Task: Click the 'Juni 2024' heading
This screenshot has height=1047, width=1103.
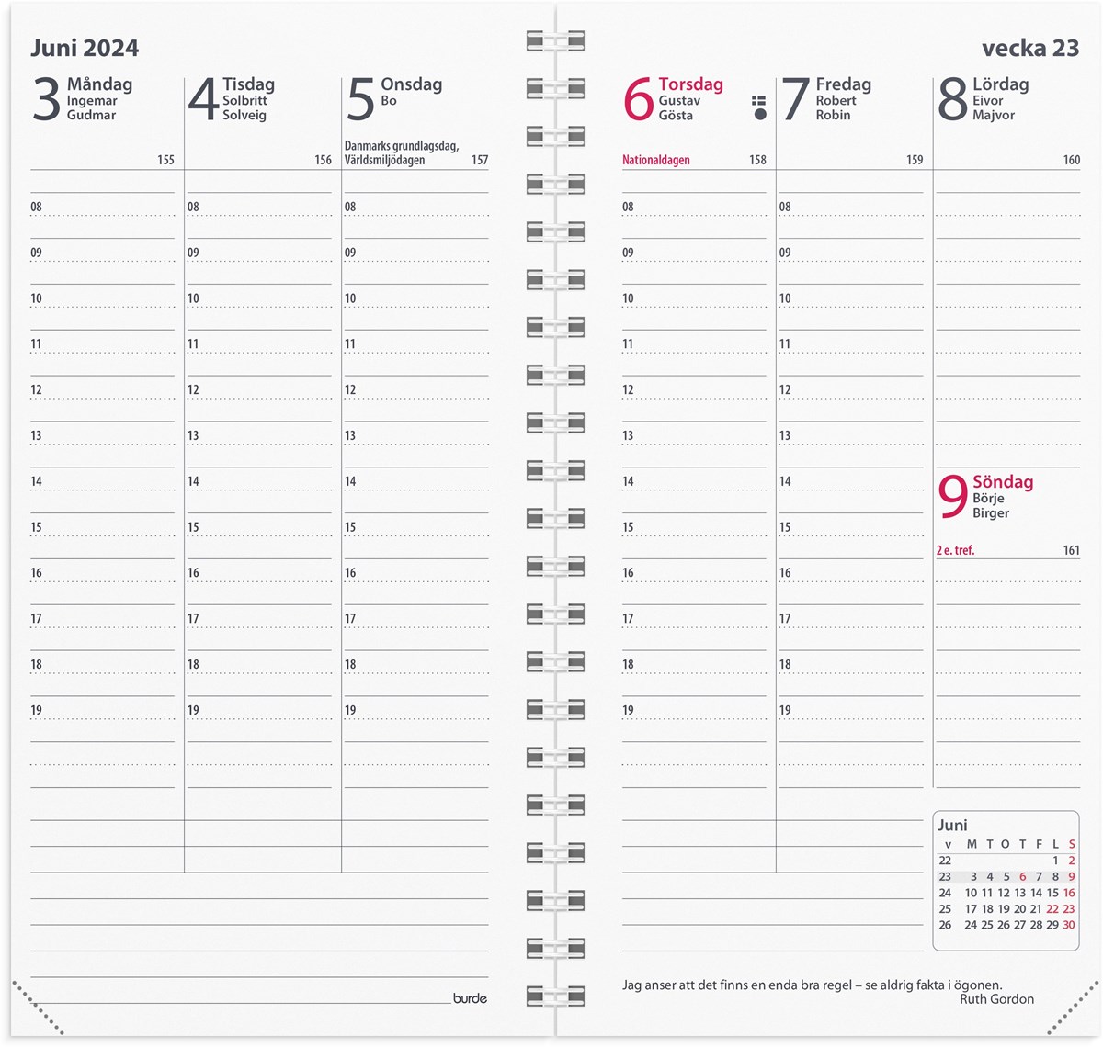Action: pos(85,48)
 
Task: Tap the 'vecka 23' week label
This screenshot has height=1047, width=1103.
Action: pos(1029,48)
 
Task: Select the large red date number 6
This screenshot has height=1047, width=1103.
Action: pos(638,99)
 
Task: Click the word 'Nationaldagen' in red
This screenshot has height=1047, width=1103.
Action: pos(655,160)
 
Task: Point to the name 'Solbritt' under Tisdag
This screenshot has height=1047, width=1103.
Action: pos(244,100)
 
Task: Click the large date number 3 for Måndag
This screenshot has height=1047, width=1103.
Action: pos(46,99)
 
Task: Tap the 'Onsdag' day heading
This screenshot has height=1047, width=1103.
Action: pos(411,84)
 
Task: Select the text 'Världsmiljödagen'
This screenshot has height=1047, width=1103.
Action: pos(384,160)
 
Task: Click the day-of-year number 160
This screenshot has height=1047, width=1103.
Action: pos(1071,160)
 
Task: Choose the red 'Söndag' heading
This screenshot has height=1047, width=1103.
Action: pos(1003,482)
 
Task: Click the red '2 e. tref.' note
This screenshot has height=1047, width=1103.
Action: pos(955,550)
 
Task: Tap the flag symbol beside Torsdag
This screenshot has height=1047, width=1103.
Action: pos(759,107)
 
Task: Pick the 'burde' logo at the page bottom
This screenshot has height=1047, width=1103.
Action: pos(470,998)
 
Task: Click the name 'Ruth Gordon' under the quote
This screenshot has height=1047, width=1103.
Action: pos(996,999)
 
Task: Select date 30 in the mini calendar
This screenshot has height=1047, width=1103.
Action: pos(1069,925)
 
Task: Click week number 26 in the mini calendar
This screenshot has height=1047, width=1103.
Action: pos(945,925)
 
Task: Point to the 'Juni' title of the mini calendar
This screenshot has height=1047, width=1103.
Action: pos(952,825)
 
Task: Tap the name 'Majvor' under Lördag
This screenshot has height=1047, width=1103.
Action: pos(994,115)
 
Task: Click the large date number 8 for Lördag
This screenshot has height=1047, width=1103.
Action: pos(952,99)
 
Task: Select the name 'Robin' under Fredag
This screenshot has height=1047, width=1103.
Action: pos(833,115)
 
